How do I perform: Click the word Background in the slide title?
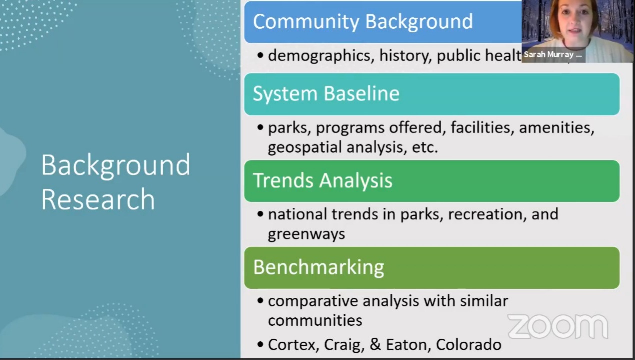pyautogui.click(x=115, y=165)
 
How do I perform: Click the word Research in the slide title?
pyautogui.click(x=98, y=199)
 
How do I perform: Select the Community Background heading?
pyautogui.click(x=362, y=21)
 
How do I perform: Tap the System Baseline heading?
pyautogui.click(x=326, y=94)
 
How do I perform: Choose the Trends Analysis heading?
pyautogui.click(x=322, y=180)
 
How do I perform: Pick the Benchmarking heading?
pyautogui.click(x=318, y=267)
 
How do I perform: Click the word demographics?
pyautogui.click(x=320, y=56)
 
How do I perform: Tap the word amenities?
pyautogui.click(x=556, y=128)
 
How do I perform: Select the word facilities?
pyautogui.click(x=482, y=128)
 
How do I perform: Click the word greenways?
pyautogui.click(x=306, y=234)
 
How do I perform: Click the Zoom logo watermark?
pyautogui.click(x=558, y=326)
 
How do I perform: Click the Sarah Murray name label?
pyautogui.click(x=552, y=55)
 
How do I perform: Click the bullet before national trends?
pyautogui.click(x=260, y=214)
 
